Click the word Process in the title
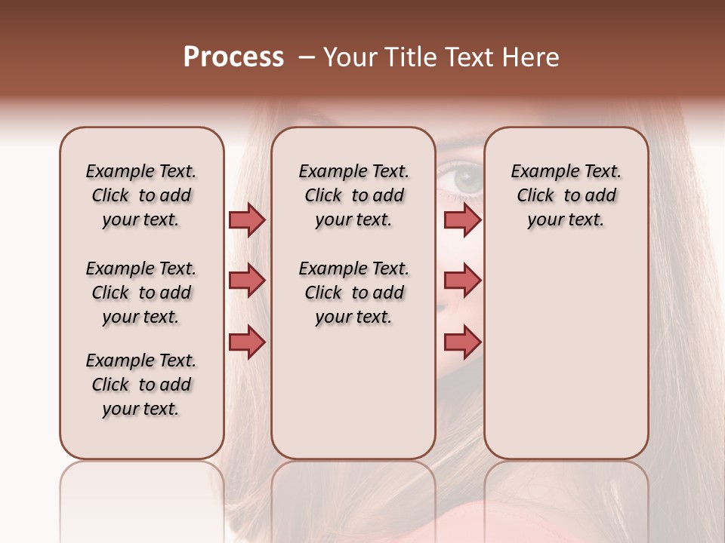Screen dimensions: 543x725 tap(233, 57)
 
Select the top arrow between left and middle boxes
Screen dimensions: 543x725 tap(247, 219)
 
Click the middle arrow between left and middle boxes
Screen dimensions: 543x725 tap(247, 281)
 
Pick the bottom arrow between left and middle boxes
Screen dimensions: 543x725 tap(247, 342)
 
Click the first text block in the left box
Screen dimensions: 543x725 tap(141, 195)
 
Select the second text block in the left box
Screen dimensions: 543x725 tap(141, 293)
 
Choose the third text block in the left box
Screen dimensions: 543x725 tap(141, 385)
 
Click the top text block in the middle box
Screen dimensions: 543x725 tap(353, 195)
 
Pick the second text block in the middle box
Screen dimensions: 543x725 tap(353, 293)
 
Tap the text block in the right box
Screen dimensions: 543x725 tap(566, 195)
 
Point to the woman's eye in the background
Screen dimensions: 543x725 tap(466, 179)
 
